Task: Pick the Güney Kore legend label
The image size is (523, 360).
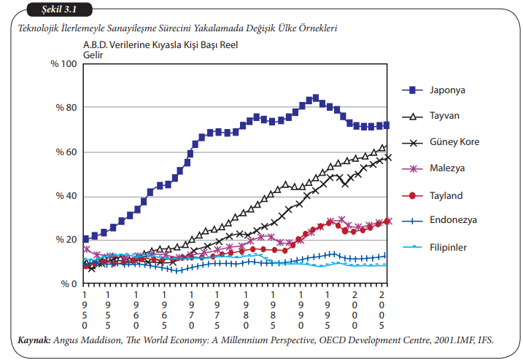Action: click(x=454, y=142)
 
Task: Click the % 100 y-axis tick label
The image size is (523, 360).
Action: click(x=63, y=64)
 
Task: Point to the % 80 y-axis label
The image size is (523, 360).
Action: click(x=66, y=108)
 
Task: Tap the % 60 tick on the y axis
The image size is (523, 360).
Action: click(x=66, y=152)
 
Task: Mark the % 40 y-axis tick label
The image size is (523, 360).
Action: click(x=66, y=197)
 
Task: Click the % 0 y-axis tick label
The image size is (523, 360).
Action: click(x=69, y=284)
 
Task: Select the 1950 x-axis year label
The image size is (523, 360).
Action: click(x=85, y=310)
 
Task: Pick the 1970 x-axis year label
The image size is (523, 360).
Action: click(x=192, y=310)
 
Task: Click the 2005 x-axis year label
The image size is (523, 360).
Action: click(x=381, y=310)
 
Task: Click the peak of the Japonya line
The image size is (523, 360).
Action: click(x=315, y=98)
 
